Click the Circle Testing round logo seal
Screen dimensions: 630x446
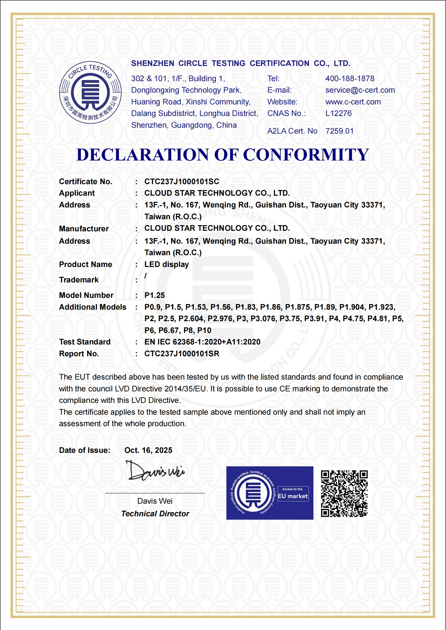(x=90, y=92)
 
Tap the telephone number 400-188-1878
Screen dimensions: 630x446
(x=350, y=79)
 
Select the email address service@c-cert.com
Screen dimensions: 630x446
(x=360, y=90)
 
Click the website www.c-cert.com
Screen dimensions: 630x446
(x=353, y=102)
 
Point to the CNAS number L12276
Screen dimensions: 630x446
(x=338, y=113)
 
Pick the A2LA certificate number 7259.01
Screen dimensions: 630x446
(x=339, y=131)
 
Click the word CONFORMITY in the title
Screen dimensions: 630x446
(x=306, y=155)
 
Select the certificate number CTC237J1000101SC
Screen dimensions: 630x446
(x=182, y=182)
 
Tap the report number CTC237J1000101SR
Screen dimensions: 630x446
(x=182, y=354)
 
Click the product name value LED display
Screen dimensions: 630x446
(x=167, y=264)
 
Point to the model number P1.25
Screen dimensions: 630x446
(x=154, y=295)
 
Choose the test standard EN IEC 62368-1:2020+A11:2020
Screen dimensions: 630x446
(x=202, y=342)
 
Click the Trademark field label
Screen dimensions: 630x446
(x=79, y=280)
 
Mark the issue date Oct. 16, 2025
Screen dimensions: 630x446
(x=148, y=450)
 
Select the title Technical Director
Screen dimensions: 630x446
(x=155, y=514)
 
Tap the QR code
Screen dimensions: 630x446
(x=344, y=493)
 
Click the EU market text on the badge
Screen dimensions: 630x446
(x=293, y=496)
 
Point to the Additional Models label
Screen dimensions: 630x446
(x=93, y=307)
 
